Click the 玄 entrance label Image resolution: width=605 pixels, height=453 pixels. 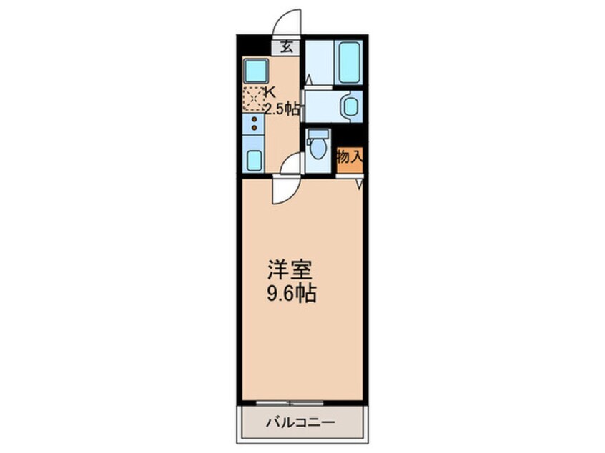287,48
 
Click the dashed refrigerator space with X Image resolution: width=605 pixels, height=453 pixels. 253,99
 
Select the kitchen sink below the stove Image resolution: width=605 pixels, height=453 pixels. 254,160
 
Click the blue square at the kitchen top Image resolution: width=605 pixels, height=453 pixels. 254,71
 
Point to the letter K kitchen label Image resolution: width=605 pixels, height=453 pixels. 271,91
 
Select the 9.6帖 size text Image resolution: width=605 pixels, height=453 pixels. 292,293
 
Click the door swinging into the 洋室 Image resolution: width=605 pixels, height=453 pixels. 284,191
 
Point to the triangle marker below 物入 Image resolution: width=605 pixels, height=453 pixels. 360,183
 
